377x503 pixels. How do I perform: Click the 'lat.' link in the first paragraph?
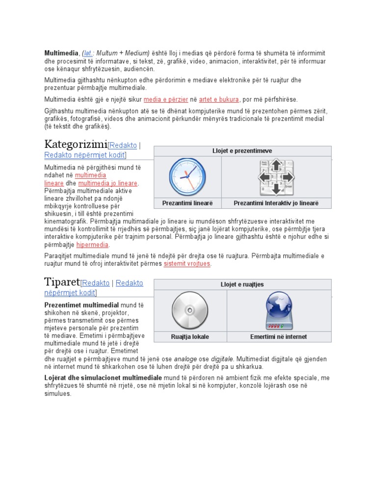click(89, 53)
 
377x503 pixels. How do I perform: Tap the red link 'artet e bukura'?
click(219, 99)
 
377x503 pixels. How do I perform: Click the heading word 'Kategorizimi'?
click(76, 144)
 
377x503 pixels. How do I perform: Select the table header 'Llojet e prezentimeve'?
click(242, 151)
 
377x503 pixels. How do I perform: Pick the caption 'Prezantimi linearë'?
click(188, 203)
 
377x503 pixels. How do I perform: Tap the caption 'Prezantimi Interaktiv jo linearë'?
click(276, 203)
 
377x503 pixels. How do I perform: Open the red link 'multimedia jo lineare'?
click(108, 183)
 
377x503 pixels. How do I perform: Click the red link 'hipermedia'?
click(92, 245)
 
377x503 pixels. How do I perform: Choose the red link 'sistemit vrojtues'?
click(187, 264)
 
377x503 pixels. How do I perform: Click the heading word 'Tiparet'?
click(62, 282)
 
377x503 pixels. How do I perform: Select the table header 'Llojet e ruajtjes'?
click(242, 284)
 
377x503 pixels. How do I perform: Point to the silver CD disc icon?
click(190, 311)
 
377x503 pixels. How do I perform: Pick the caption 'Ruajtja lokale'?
click(190, 336)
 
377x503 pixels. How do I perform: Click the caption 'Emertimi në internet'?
click(279, 336)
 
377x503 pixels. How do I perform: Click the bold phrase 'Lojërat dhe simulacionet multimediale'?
click(103, 378)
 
